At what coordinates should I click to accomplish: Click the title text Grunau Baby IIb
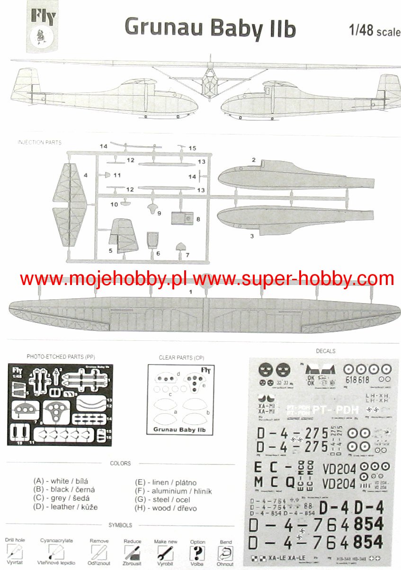click(210, 28)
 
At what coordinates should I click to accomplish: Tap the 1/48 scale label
click(374, 32)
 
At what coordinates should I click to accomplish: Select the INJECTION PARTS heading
click(39, 142)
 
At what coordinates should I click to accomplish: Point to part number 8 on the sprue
click(198, 219)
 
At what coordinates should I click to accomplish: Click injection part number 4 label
click(85, 176)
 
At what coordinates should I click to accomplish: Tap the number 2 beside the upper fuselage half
click(254, 160)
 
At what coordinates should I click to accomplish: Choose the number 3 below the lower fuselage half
click(252, 235)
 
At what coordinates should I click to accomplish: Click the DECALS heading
click(325, 351)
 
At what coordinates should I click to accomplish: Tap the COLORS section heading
click(120, 463)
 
